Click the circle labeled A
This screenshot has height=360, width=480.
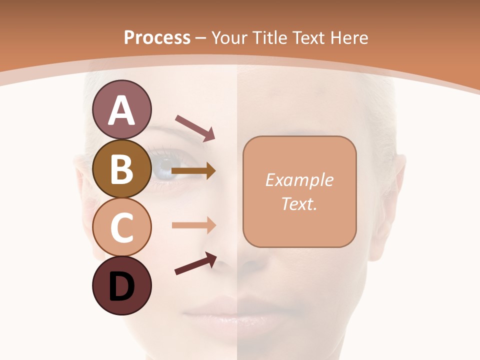(121, 109)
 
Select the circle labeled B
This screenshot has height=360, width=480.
(121, 168)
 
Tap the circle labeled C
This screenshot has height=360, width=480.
(121, 227)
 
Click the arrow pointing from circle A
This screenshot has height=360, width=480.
(194, 127)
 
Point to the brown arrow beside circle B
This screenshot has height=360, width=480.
(193, 171)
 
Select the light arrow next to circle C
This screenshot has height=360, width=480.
(193, 225)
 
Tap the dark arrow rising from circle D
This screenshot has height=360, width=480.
(195, 263)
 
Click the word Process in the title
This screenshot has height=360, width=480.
(157, 37)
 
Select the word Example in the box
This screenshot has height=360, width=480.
(299, 180)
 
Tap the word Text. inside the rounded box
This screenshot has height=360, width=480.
(299, 203)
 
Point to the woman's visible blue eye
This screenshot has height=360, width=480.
(165, 165)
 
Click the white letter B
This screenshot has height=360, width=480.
(121, 169)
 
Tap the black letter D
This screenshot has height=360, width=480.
(121, 286)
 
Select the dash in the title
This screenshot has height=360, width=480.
(200, 38)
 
